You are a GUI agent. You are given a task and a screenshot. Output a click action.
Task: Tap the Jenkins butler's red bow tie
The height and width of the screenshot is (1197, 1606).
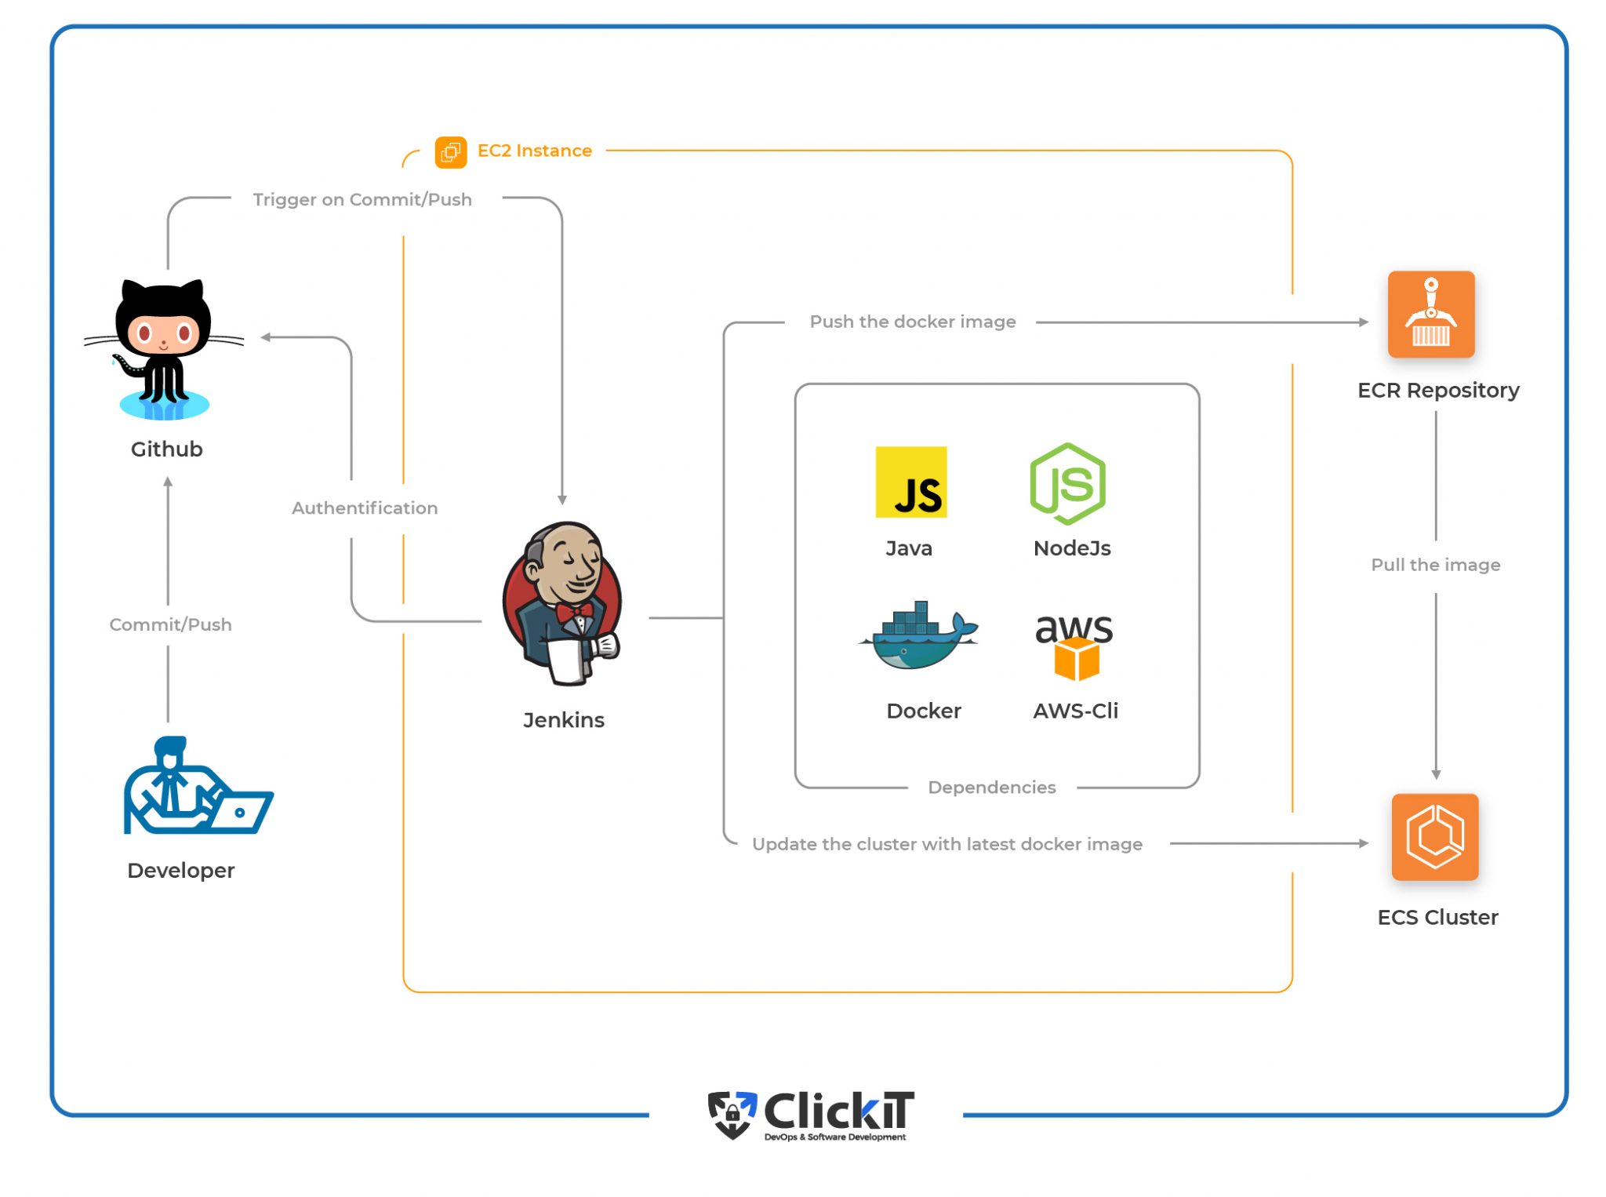point(574,611)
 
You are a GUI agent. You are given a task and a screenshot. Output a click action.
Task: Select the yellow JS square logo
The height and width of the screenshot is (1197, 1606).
point(910,482)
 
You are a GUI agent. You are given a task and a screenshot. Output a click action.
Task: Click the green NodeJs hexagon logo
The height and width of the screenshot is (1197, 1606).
point(1067,483)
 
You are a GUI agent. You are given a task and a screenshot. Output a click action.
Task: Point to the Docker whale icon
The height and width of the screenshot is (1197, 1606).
point(920,638)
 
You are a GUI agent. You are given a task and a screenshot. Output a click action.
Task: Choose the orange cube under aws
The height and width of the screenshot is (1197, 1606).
point(1076,659)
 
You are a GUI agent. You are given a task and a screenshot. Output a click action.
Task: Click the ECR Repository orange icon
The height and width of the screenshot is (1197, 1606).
point(1430,314)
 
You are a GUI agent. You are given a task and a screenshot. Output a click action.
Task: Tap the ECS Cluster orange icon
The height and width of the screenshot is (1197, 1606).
point(1434,836)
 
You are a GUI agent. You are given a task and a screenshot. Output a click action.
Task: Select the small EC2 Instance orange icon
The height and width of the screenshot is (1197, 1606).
point(450,151)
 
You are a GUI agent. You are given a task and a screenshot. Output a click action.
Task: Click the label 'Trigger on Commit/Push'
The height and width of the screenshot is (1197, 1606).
point(362,199)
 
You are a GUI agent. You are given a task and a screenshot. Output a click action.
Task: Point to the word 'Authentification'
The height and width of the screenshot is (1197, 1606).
point(365,508)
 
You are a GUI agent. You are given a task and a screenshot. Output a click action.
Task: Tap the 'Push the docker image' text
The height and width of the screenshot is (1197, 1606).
point(912,322)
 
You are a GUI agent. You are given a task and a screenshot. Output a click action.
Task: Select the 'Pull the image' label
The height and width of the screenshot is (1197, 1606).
point(1435,565)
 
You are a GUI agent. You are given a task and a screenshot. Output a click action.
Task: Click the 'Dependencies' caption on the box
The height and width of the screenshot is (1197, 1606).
point(991,787)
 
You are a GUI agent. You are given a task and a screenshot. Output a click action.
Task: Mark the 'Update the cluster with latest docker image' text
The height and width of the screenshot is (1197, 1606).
point(947,844)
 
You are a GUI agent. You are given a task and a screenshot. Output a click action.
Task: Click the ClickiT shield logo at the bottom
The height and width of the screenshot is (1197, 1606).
point(732,1114)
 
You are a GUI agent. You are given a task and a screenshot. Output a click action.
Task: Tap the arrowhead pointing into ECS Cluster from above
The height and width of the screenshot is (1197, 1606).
point(1436,775)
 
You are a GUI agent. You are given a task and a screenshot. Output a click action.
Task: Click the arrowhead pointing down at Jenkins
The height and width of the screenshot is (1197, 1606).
point(561,500)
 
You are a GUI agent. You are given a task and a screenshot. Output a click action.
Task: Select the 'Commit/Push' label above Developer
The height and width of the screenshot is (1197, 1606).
point(170,624)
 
